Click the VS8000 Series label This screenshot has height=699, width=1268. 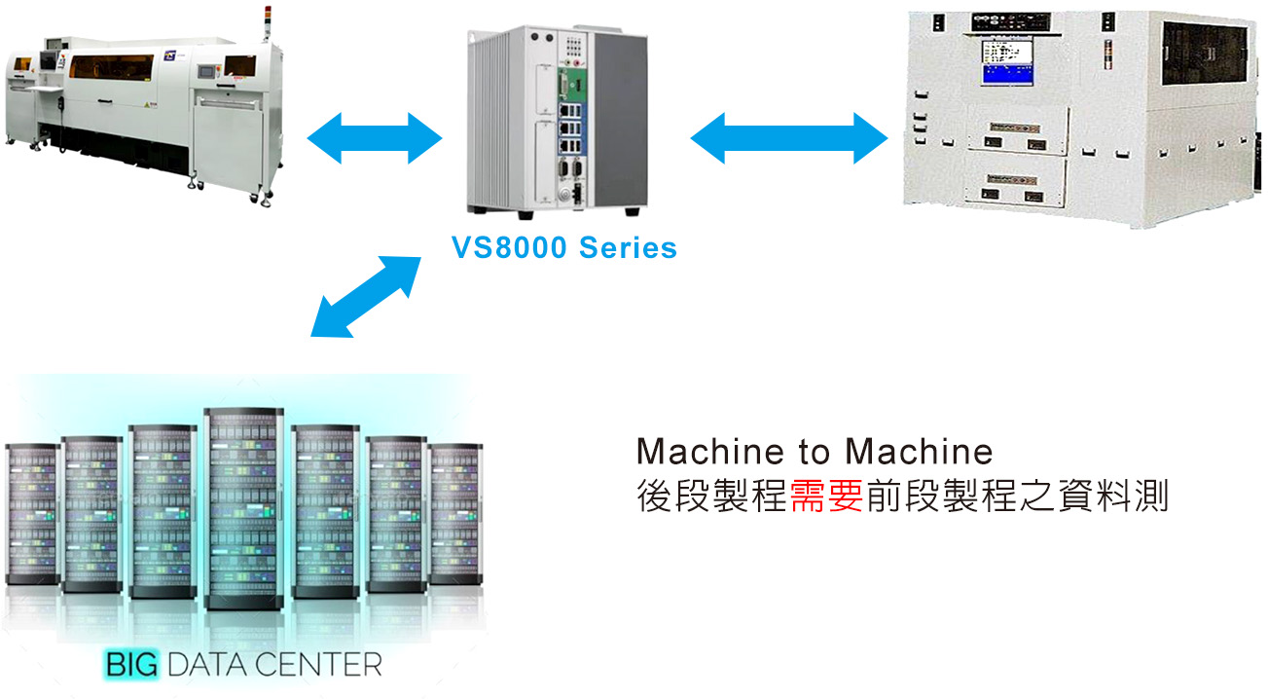564,247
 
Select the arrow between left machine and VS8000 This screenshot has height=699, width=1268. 375,137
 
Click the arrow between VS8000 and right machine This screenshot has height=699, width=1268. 789,137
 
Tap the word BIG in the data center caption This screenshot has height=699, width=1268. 130,666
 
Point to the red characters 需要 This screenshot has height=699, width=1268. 826,497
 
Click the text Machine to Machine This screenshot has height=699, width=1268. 815,452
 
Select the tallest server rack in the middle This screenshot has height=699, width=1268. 243,506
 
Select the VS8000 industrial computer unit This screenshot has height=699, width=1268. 556,117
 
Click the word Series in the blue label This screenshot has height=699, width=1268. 628,247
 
